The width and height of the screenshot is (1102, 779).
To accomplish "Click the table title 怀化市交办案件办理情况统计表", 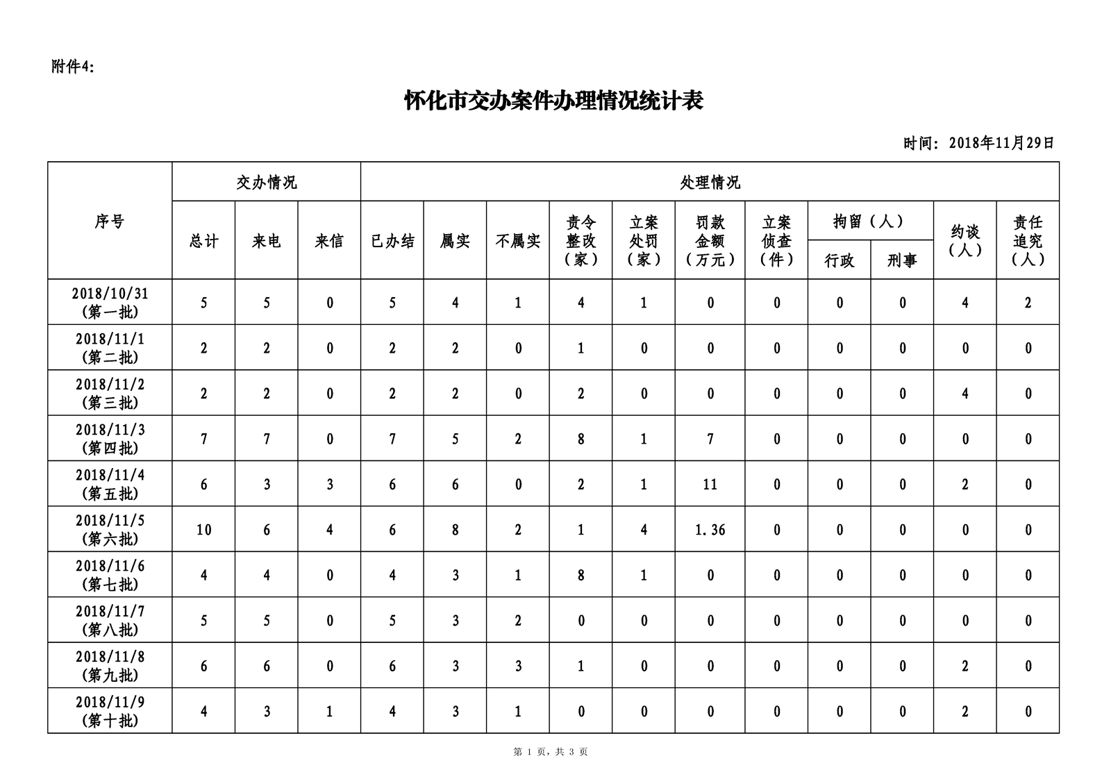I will [x=553, y=101].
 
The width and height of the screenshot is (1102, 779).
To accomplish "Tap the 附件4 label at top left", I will [x=73, y=67].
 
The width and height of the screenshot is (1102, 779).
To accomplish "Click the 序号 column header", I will [x=110, y=221].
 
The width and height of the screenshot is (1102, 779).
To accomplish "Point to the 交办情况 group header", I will [x=266, y=183].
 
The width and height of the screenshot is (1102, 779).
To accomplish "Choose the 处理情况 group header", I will [x=710, y=183].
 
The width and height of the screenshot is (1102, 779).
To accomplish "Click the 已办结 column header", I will [x=392, y=241].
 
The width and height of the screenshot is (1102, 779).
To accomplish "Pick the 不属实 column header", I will [x=518, y=241].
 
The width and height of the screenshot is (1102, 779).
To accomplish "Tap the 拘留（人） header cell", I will [x=870, y=221].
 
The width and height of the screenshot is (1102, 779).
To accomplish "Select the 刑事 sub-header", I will [x=902, y=260].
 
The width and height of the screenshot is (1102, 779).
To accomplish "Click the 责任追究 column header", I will [x=1028, y=241].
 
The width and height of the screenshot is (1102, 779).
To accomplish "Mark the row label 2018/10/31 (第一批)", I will [x=110, y=303].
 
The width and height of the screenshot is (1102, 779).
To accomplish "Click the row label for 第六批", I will [x=110, y=530].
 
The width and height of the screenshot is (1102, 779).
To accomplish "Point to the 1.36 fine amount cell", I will [x=710, y=530].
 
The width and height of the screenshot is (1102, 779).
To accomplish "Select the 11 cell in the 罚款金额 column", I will [x=710, y=485].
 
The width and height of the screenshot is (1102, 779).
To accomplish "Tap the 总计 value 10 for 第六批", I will [x=203, y=530].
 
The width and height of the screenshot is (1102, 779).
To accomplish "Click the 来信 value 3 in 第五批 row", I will [x=329, y=485].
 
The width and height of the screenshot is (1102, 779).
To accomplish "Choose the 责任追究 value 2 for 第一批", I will [x=1028, y=303].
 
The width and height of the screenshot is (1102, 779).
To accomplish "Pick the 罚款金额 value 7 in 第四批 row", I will [x=710, y=439].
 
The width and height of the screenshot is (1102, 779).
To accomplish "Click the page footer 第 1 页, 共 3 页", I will [x=551, y=752].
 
